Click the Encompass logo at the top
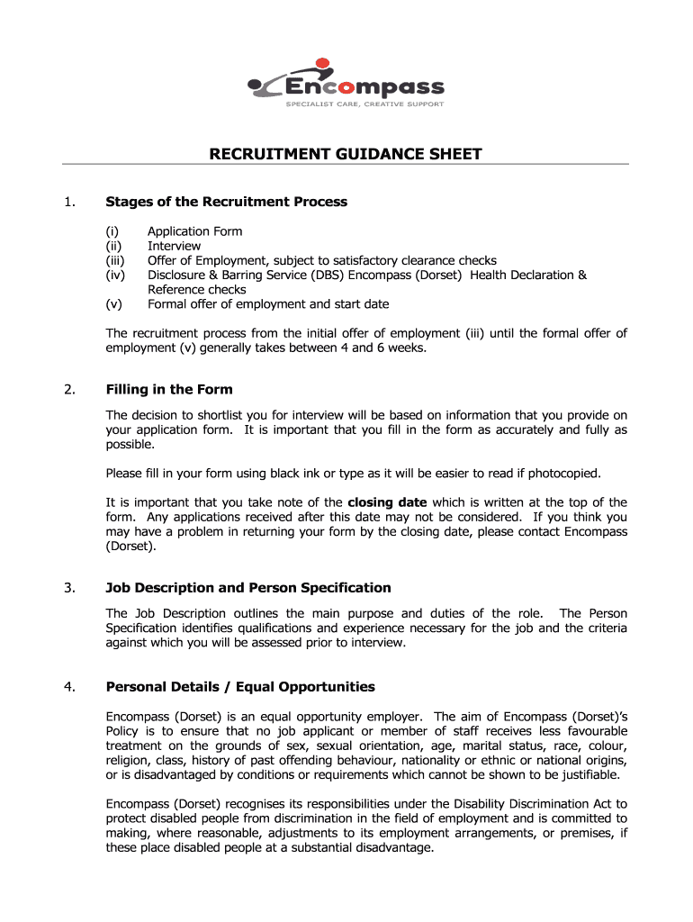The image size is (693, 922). (x=346, y=84)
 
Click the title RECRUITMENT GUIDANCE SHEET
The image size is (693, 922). (x=346, y=154)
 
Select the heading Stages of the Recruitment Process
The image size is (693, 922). (x=226, y=202)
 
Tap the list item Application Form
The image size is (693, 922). (x=194, y=231)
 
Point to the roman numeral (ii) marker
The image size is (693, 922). (x=114, y=246)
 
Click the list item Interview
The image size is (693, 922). (x=174, y=246)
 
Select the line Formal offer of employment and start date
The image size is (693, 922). (x=268, y=304)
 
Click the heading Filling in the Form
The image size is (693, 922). (x=169, y=390)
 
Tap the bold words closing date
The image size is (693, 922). (x=387, y=502)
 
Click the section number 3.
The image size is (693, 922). (x=68, y=588)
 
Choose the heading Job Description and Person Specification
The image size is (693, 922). (x=248, y=588)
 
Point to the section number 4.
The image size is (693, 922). (x=68, y=687)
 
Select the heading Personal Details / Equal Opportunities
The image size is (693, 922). (x=240, y=687)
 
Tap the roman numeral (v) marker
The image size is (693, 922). (x=114, y=304)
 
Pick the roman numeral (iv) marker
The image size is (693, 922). (x=115, y=275)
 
